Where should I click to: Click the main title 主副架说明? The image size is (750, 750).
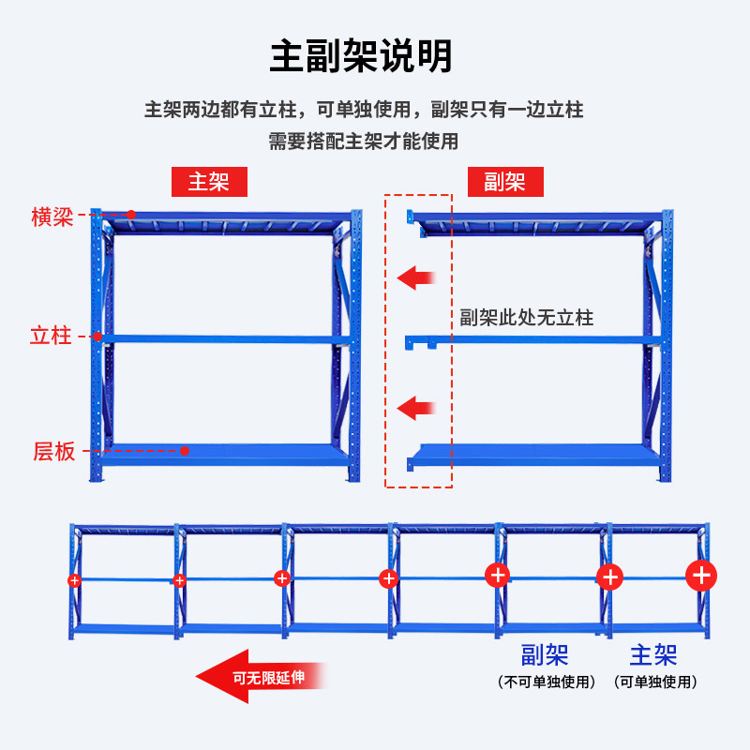[362, 56]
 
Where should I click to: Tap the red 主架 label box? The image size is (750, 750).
[208, 181]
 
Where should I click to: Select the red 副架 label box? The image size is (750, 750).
[504, 181]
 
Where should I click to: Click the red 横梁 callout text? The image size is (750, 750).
[52, 218]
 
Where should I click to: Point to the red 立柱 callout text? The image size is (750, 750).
[51, 336]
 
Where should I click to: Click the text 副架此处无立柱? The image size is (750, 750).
[526, 318]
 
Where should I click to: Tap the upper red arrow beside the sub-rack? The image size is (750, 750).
[415, 277]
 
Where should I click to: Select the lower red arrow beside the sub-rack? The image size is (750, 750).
[415, 408]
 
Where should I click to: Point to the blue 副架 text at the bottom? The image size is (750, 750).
[545, 654]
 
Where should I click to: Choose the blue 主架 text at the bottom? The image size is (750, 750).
[653, 654]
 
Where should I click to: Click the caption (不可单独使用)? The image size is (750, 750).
[547, 682]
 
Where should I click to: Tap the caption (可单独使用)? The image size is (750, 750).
[655, 682]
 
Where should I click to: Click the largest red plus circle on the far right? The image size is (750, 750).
[702, 574]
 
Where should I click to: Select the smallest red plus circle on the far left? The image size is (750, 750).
[75, 580]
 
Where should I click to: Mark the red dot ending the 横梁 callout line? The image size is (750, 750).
[131, 215]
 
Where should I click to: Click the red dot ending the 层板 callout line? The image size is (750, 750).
[185, 451]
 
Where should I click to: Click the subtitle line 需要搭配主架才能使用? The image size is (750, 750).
[363, 142]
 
